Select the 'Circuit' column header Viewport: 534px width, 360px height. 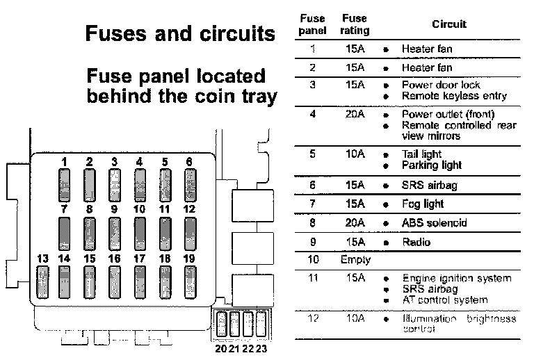click(x=449, y=24)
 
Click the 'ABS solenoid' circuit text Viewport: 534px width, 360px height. click(x=434, y=223)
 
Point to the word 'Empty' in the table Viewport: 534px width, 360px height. click(x=356, y=260)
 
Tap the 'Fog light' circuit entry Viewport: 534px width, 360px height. click(x=422, y=204)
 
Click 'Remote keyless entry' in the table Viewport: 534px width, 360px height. click(x=454, y=96)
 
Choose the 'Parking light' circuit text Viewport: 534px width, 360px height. click(x=431, y=165)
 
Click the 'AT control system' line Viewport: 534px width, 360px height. click(x=444, y=300)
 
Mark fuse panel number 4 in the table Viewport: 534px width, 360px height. click(x=313, y=114)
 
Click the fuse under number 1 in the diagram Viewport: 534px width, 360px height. click(x=65, y=185)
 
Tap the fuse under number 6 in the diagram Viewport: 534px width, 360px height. click(x=189, y=185)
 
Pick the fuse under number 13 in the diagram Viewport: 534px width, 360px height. click(x=42, y=281)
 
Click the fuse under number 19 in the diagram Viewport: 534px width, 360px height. click(x=188, y=281)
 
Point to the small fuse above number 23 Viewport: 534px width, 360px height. click(x=261, y=325)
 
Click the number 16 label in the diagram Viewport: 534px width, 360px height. click(x=114, y=259)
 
